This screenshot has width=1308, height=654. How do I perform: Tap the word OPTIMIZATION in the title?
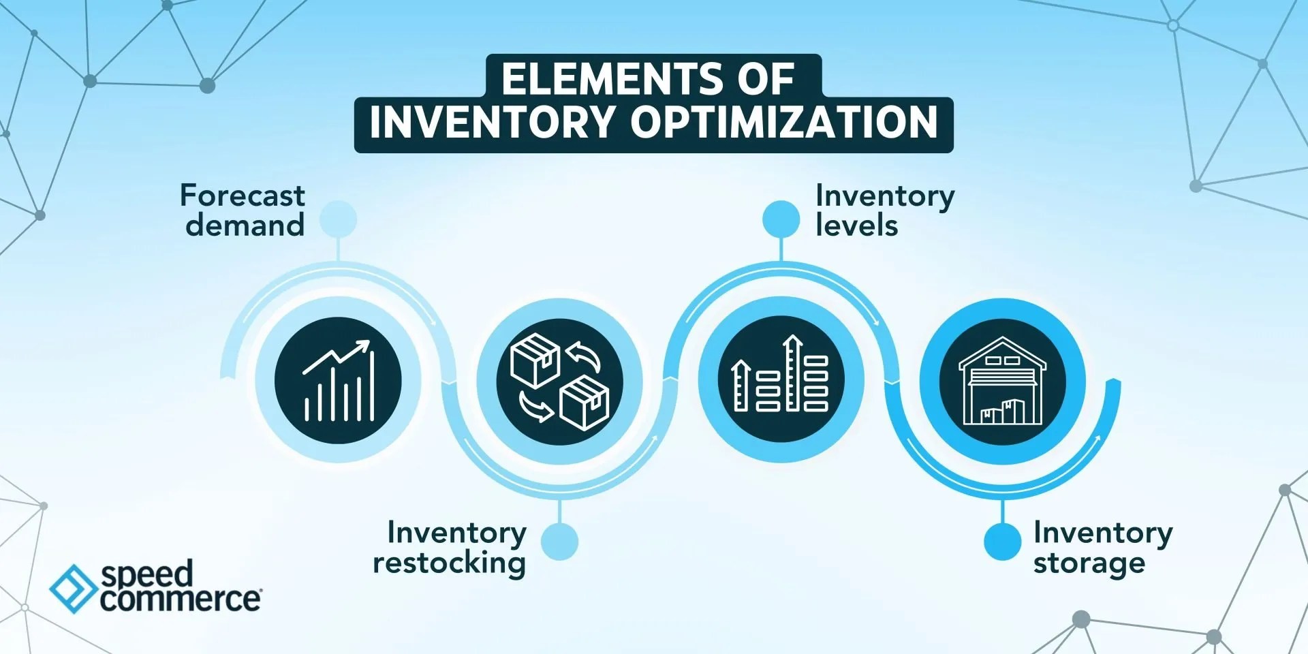[783, 122]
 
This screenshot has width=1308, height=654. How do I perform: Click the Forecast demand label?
[243, 210]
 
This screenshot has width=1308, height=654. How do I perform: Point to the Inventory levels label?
[884, 210]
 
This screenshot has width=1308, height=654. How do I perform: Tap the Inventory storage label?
[1102, 547]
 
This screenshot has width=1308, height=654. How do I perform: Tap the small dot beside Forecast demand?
[339, 219]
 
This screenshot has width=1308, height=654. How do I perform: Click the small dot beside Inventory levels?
[781, 219]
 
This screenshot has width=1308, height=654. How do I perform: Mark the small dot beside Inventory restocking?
[559, 542]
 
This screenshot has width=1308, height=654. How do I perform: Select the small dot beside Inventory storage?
[1002, 542]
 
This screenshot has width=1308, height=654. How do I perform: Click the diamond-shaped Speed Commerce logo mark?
[73, 588]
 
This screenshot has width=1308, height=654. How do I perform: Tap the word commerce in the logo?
[180, 599]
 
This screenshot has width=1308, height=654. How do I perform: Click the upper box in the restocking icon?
[535, 359]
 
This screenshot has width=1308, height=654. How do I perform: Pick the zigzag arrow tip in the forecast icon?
[365, 345]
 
